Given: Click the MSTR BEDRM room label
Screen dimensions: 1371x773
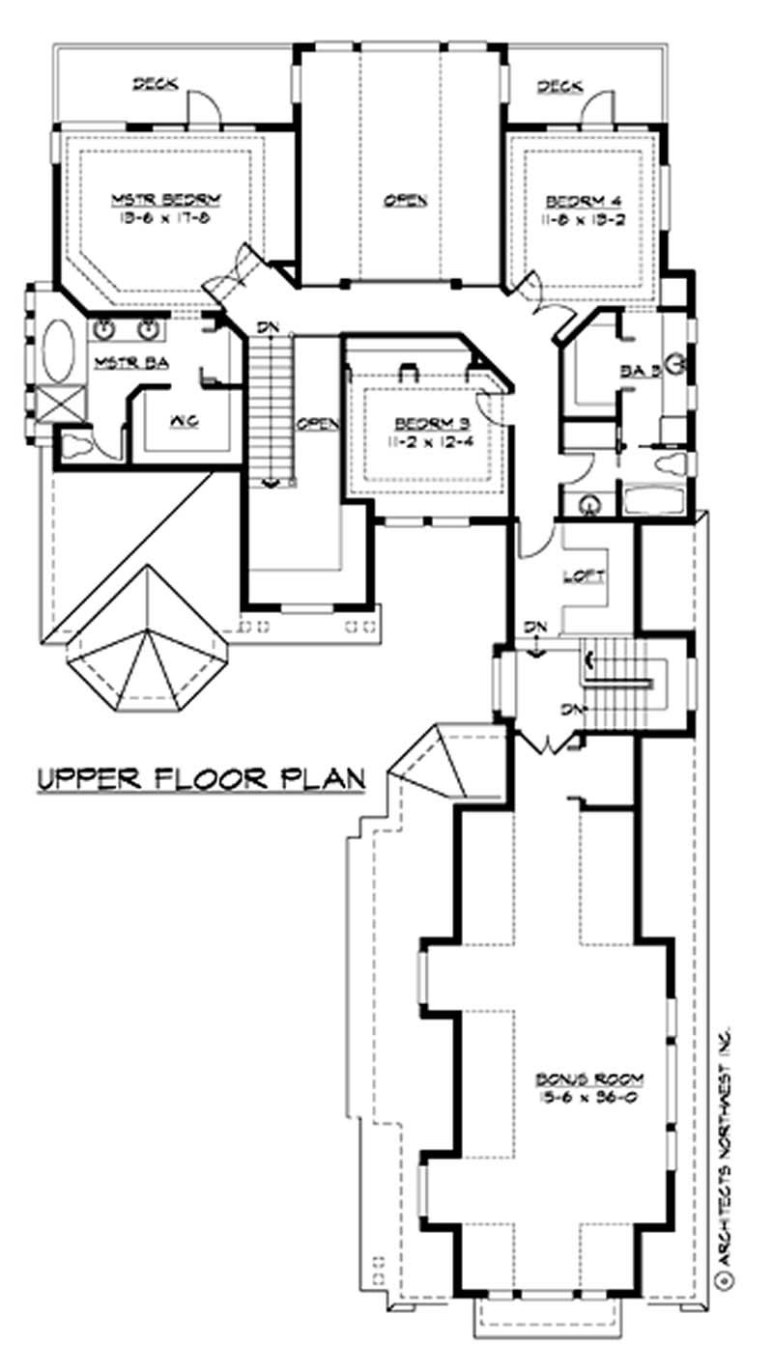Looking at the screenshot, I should coord(166,200).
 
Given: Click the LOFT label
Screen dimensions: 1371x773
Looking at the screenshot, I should coord(583,576).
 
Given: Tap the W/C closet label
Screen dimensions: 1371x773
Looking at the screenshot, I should coord(184,421).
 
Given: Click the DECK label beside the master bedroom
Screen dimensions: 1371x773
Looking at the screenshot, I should coord(155,84).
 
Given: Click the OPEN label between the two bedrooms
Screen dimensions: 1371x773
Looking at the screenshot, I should coord(405,200).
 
